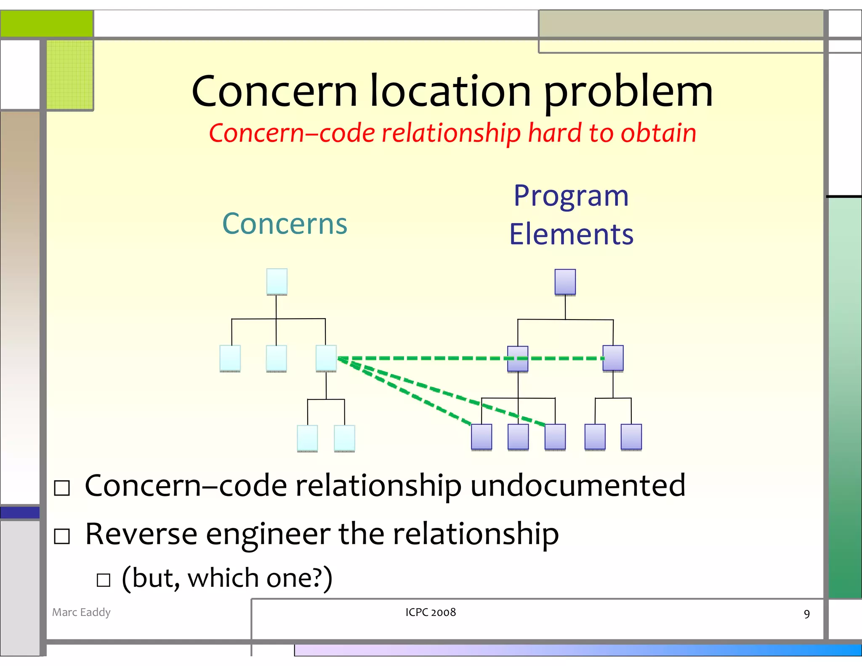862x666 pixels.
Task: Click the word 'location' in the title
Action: pos(450,91)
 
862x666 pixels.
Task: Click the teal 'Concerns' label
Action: pos(285,224)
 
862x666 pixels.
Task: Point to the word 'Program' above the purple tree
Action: pos(571,196)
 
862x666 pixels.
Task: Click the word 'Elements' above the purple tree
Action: pos(571,234)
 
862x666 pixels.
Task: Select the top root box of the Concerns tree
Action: pos(277,282)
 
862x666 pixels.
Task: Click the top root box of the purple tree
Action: pos(565,282)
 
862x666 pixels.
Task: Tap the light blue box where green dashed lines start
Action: pos(326,358)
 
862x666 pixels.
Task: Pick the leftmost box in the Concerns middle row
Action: pos(230,358)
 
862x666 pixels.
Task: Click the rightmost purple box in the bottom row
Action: pos(631,437)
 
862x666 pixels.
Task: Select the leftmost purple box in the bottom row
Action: pos(482,437)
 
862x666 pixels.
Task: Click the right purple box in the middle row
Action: pos(613,358)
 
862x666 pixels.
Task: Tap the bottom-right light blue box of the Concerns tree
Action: pos(344,438)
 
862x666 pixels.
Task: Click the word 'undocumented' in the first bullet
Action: pos(577,485)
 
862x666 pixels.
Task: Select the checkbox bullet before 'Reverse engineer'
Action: pos(62,536)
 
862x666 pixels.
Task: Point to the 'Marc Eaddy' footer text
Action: pos(81,612)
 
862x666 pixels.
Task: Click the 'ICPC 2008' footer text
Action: pos(431,612)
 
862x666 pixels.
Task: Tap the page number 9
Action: pos(806,614)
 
